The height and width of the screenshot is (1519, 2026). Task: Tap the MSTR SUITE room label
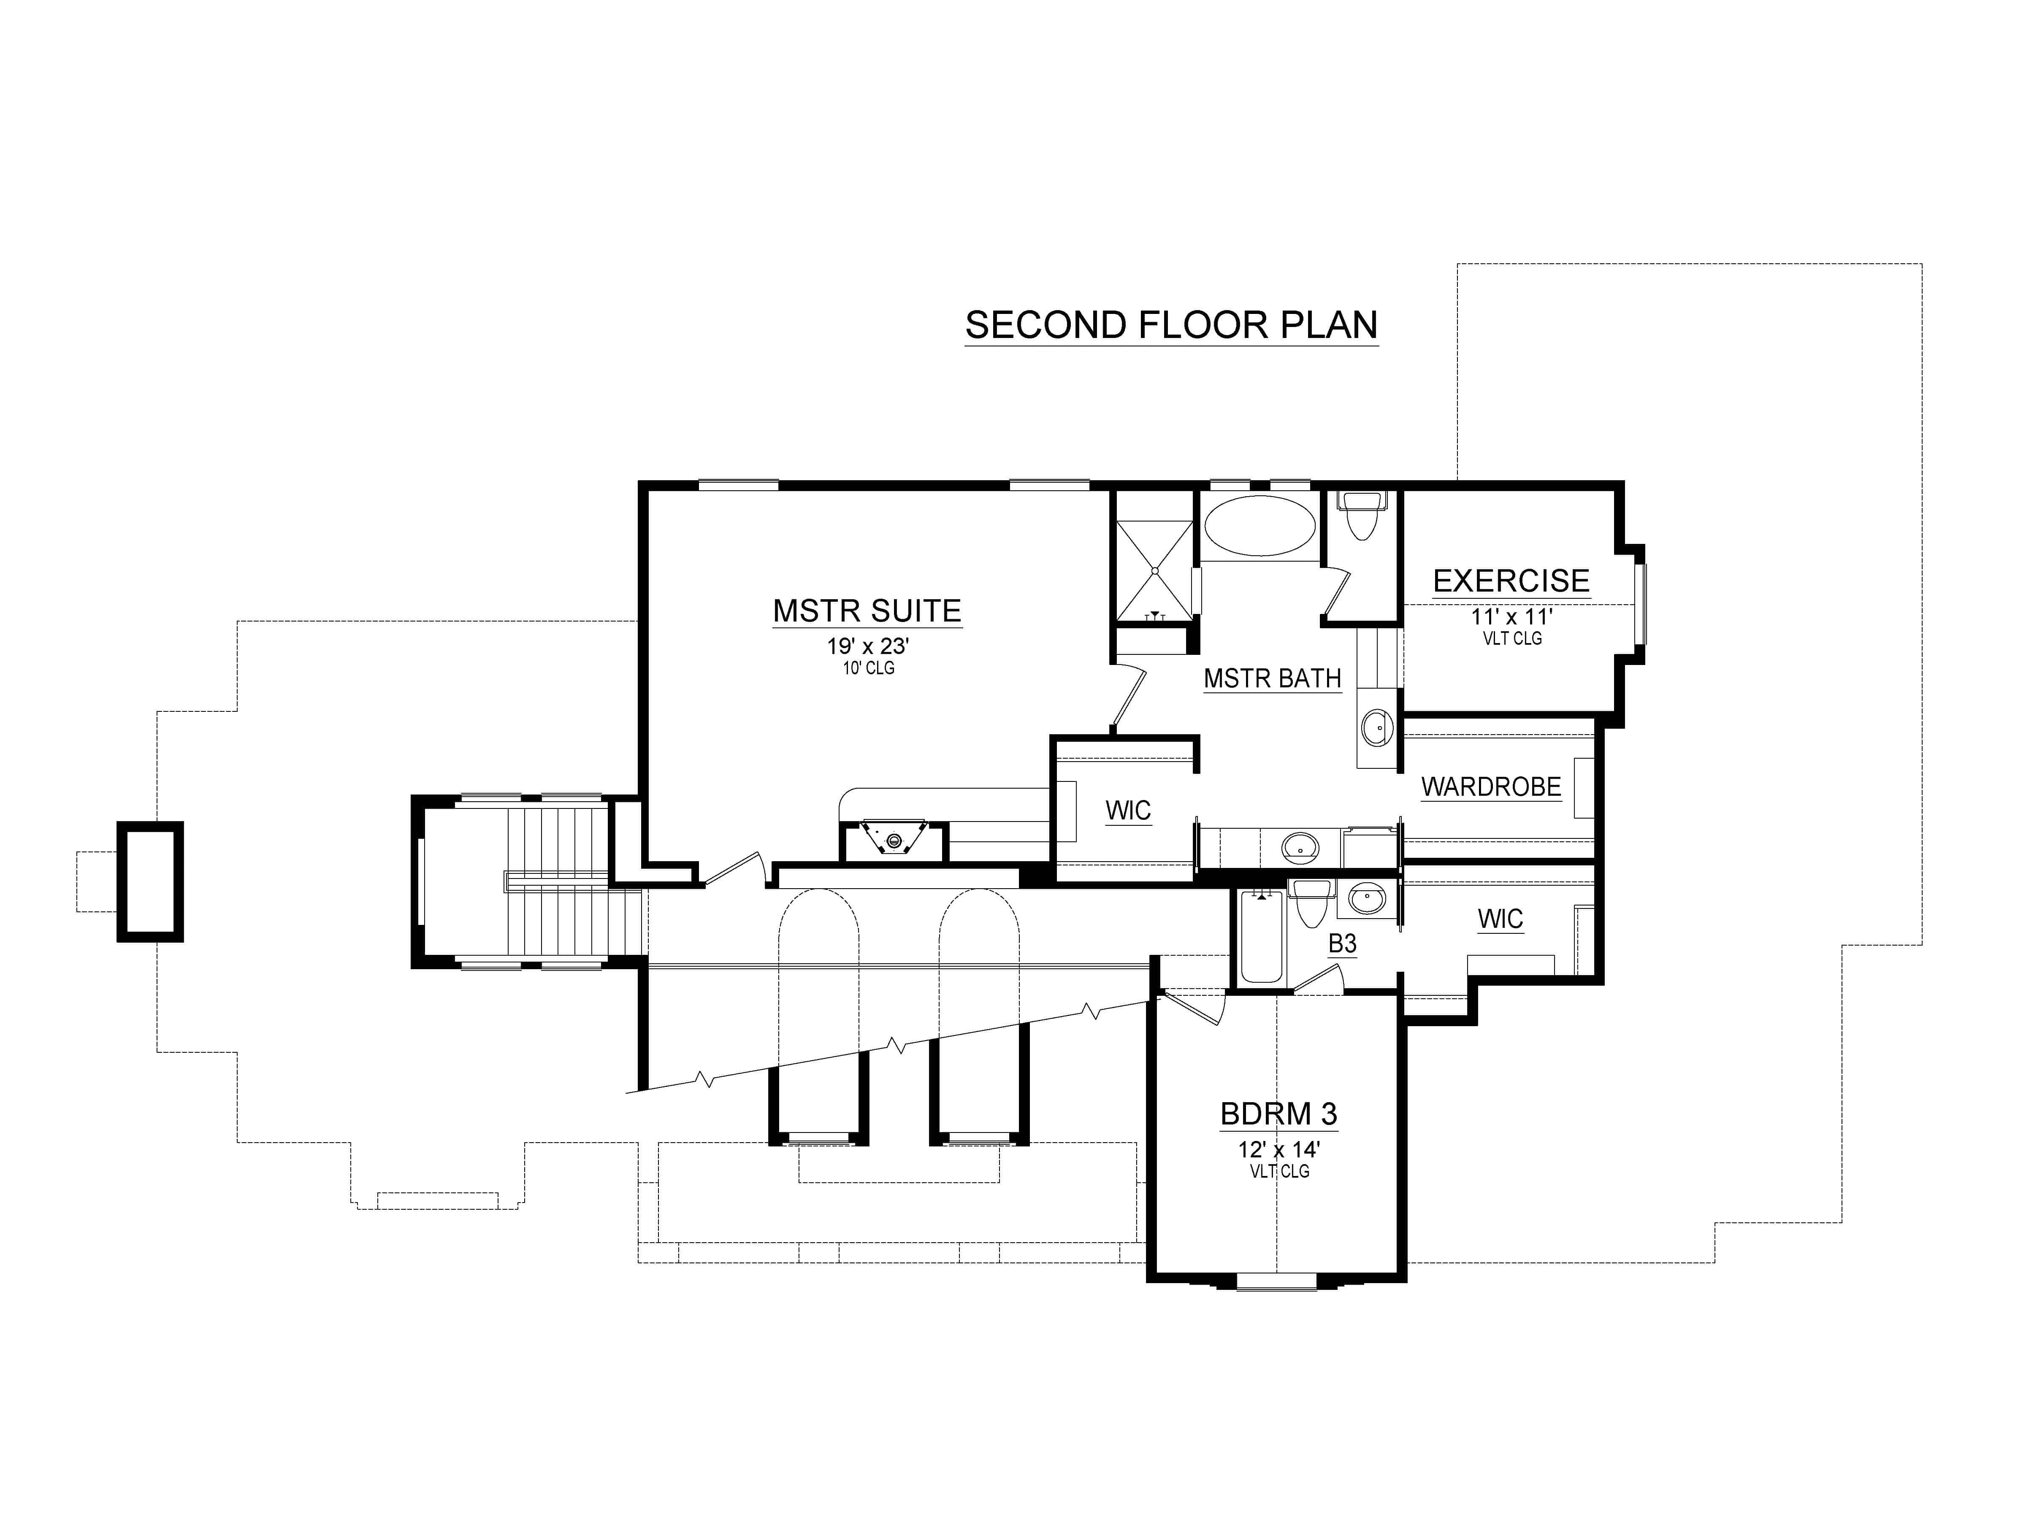[867, 611]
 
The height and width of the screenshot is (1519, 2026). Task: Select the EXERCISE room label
[1511, 581]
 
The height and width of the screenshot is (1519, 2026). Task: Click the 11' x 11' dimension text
[1511, 616]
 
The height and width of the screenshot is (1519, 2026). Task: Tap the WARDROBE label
[1490, 787]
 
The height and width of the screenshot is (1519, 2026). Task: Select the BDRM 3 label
[1278, 1114]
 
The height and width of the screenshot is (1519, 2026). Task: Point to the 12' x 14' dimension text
[1278, 1149]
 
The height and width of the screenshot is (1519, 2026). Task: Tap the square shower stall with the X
[1154, 570]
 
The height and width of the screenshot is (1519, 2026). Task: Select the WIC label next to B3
[1499, 918]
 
